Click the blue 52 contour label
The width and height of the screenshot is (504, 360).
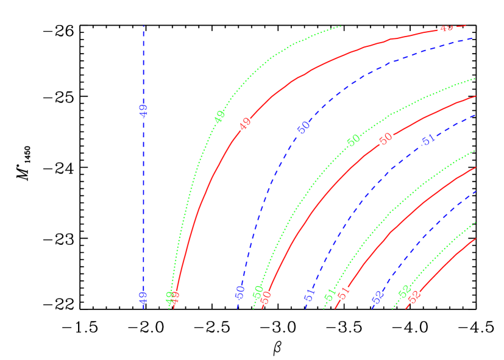click(x=378, y=297)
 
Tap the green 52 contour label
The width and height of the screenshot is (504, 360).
click(x=403, y=292)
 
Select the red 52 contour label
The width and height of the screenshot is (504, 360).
click(x=414, y=297)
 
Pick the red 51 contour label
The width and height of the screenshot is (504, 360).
click(x=344, y=292)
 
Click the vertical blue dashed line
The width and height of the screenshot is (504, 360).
click(x=143, y=183)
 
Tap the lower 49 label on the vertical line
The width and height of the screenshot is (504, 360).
click(x=143, y=297)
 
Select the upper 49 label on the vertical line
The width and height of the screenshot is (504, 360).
click(x=143, y=110)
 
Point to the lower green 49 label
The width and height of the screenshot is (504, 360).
click(x=170, y=297)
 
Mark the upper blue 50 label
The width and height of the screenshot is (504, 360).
click(x=303, y=127)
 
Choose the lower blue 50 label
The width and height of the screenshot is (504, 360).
click(x=240, y=292)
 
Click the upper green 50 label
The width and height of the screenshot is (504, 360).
click(x=353, y=140)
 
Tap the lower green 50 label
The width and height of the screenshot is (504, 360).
click(x=258, y=292)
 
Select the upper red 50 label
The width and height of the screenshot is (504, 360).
click(x=385, y=139)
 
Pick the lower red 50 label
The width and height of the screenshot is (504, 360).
click(x=266, y=297)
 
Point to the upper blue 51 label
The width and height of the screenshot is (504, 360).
click(x=428, y=139)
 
